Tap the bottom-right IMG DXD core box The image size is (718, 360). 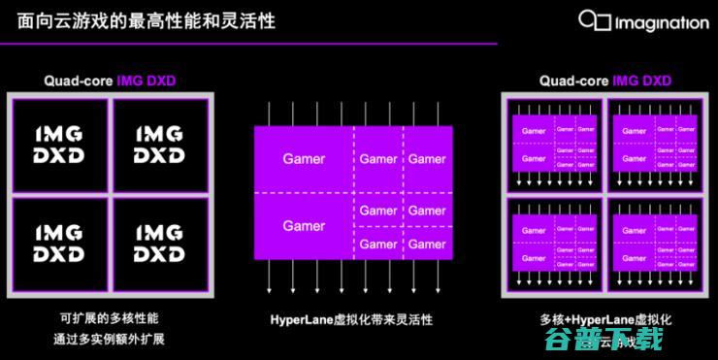tap(158, 243)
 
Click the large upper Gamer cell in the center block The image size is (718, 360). tap(304, 158)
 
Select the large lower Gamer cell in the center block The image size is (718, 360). tap(304, 226)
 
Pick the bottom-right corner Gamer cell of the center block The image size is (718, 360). tap(427, 244)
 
